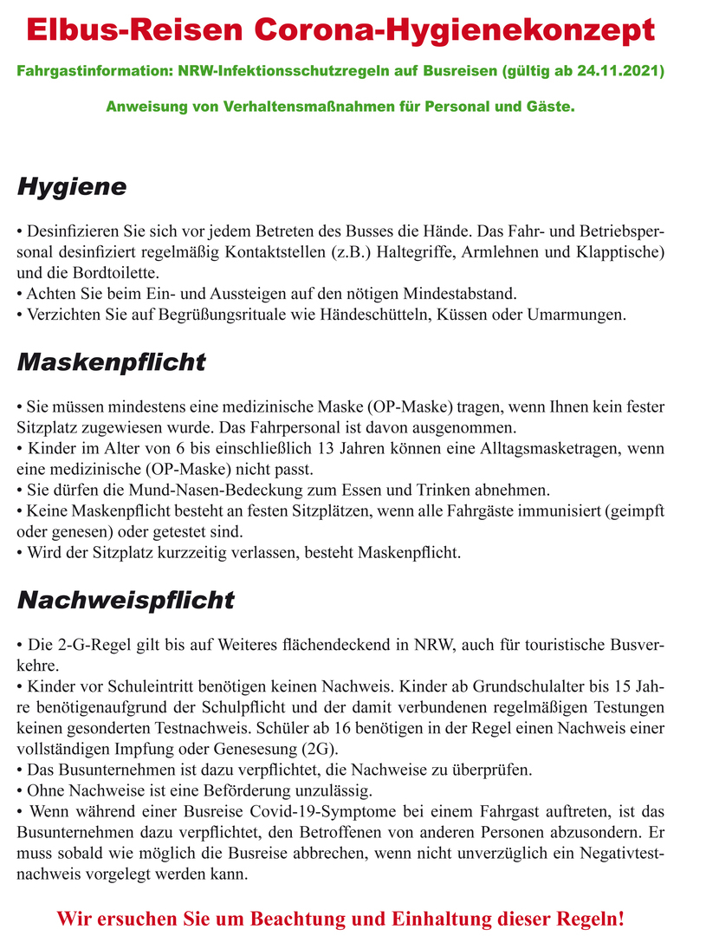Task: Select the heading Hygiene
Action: pos(72,186)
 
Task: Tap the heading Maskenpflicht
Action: pos(111,361)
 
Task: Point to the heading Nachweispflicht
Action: pos(126,600)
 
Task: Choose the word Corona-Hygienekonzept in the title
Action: pos(455,30)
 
